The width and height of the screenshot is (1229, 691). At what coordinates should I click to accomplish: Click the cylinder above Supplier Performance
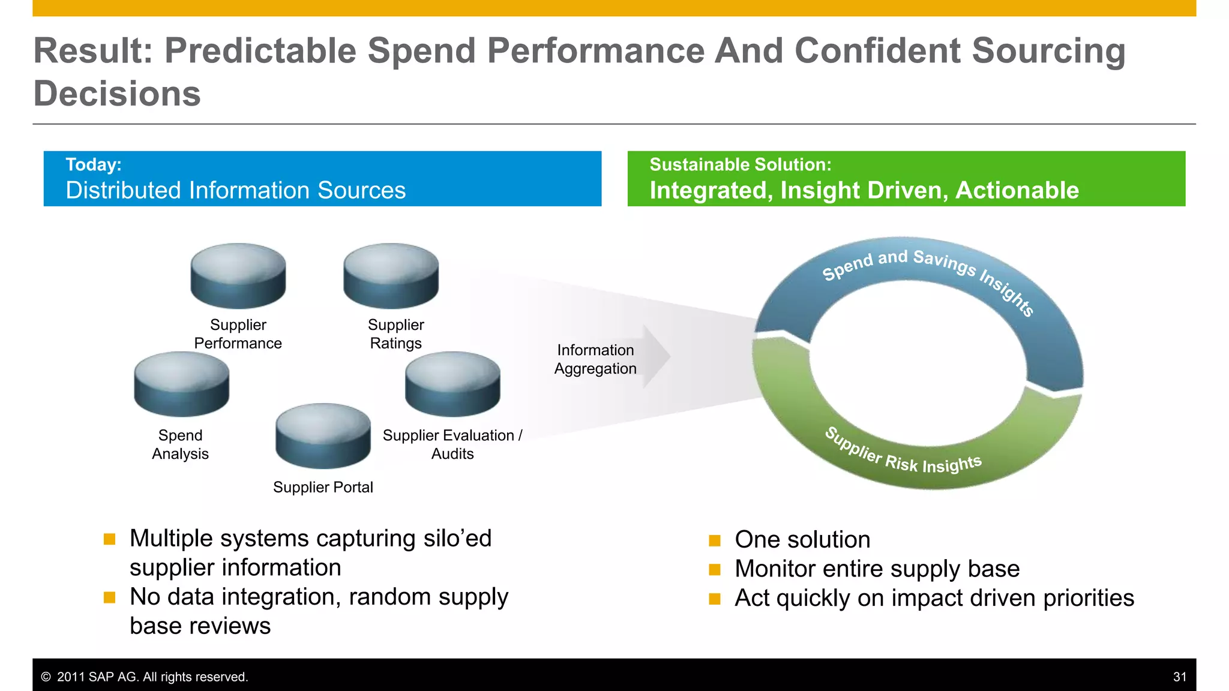[238, 276]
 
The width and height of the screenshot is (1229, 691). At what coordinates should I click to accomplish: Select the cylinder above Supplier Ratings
[391, 276]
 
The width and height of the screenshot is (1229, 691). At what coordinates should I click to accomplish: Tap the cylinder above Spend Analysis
[181, 384]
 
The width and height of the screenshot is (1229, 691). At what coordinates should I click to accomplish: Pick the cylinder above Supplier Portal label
[323, 436]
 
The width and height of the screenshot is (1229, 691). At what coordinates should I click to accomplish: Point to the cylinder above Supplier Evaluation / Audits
[452, 384]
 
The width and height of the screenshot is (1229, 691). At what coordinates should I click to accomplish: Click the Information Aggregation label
[595, 359]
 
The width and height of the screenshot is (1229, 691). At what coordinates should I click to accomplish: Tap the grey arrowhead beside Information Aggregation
[657, 357]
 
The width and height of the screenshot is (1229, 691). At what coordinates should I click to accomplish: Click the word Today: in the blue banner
[94, 164]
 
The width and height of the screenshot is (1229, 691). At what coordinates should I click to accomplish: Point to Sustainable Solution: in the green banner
[740, 164]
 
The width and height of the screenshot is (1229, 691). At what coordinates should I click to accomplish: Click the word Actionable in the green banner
[1017, 190]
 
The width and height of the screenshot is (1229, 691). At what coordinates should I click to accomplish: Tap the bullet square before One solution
[714, 540]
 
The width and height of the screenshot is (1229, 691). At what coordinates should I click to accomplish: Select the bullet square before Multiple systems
[109, 539]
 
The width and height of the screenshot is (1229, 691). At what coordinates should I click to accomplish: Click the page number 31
[1179, 677]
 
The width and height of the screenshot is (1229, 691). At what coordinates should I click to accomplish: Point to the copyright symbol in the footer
[46, 677]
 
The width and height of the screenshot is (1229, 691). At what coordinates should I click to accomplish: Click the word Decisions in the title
[117, 94]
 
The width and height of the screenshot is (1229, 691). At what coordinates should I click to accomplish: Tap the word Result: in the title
[94, 50]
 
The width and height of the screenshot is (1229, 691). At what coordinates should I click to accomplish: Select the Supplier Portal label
[323, 487]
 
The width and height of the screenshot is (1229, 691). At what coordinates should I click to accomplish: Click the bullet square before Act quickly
[714, 599]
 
